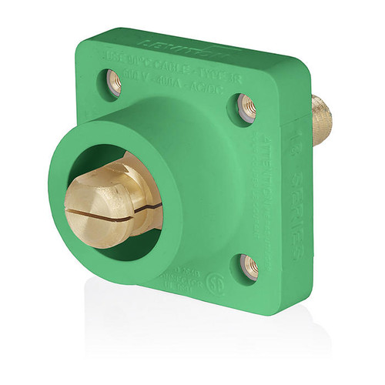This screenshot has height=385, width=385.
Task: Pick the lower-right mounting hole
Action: coord(249,264)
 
